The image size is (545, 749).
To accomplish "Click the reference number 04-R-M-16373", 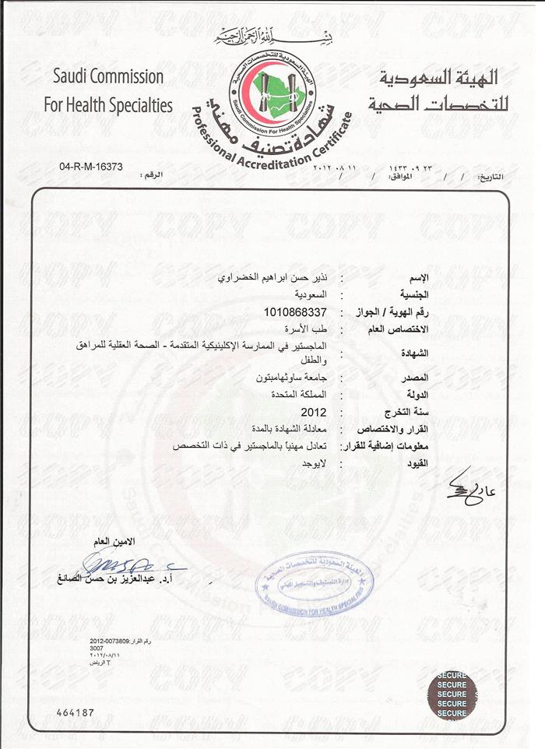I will pos(91,167).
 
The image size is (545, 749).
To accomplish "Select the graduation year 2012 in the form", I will pos(313,413).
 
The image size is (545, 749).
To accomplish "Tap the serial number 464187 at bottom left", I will pos(75,712).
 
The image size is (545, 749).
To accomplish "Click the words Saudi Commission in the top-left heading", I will pos(108,77).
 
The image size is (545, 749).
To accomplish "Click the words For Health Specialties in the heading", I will pos(113,105).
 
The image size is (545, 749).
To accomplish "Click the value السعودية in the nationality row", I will pos(310,296).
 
